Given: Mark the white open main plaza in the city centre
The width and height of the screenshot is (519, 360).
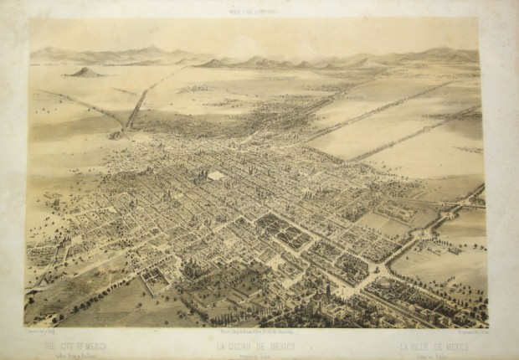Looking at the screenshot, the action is coord(217,177).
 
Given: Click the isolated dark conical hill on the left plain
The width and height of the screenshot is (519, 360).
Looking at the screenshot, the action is coord(85,72).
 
